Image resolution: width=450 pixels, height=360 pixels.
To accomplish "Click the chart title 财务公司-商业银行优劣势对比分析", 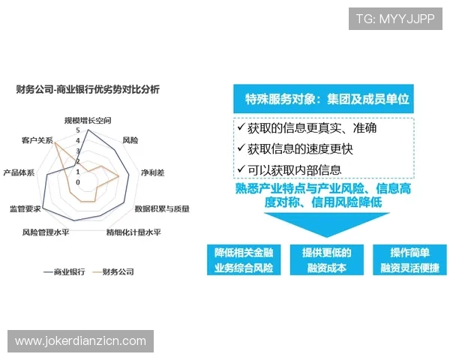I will click(88, 89).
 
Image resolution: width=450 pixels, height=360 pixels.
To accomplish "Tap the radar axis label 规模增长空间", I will click(87, 120).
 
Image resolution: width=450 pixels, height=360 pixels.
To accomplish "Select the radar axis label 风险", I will click(130, 139).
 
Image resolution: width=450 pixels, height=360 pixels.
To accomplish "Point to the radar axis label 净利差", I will click(151, 172).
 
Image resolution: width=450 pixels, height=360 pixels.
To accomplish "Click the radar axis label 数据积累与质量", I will click(162, 208).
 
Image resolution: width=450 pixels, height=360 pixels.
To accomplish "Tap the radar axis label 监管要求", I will click(25, 208).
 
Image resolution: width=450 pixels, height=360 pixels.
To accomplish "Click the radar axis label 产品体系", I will click(19, 172).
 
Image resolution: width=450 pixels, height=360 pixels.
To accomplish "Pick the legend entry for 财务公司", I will click(113, 271).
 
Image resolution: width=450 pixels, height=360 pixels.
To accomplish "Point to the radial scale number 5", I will click(77, 130).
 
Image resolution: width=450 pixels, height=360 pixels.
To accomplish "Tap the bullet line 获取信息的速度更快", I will click(300, 148).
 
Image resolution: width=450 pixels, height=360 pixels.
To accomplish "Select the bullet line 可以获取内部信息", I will click(294, 169).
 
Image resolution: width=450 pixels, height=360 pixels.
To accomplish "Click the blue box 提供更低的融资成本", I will click(326, 259).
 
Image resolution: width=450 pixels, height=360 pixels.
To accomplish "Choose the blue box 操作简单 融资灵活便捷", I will click(409, 259).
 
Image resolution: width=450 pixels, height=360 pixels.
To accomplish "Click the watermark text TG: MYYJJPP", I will click(395, 18).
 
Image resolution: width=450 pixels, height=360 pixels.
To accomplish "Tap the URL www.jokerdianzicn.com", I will click(81, 340).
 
